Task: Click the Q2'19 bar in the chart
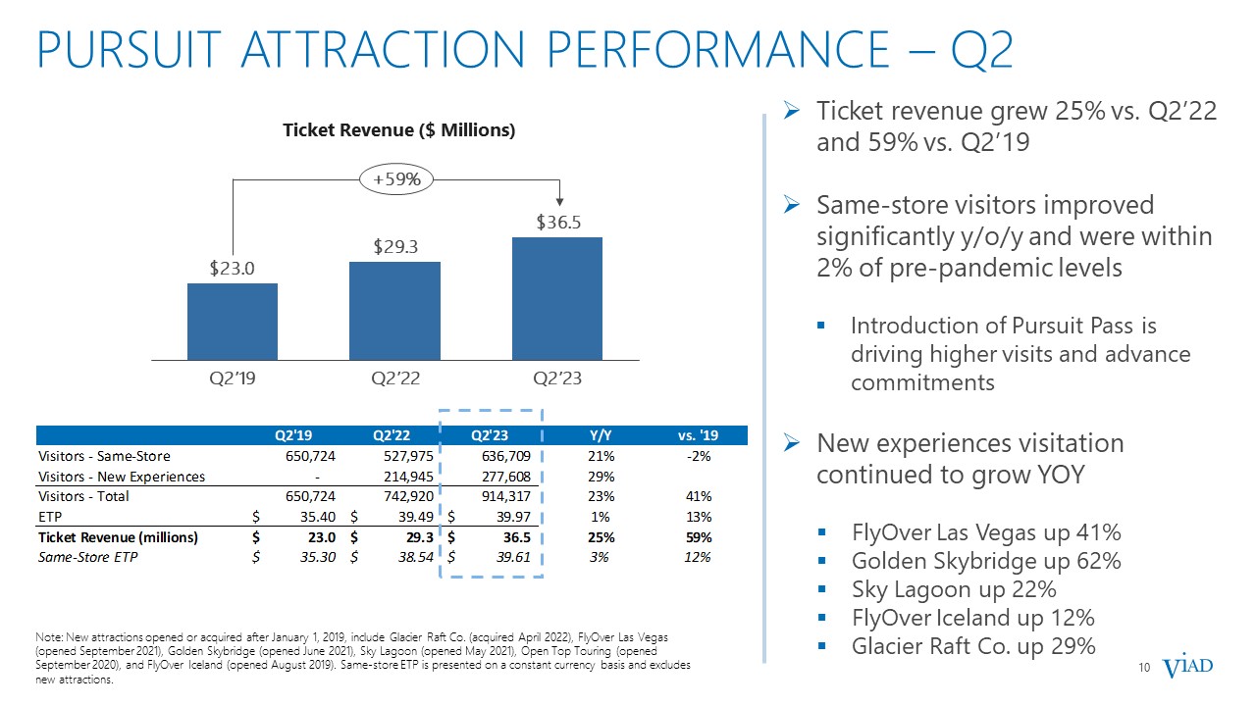(x=232, y=322)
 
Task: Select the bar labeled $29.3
(x=394, y=310)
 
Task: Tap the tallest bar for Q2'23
(x=556, y=298)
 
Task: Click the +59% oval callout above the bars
(x=397, y=179)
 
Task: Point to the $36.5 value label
(x=557, y=223)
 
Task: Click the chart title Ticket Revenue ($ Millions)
(x=399, y=130)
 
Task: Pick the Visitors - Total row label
(x=83, y=497)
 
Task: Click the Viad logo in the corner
(x=1187, y=668)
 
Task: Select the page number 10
(x=1143, y=669)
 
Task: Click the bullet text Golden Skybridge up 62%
(x=986, y=562)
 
